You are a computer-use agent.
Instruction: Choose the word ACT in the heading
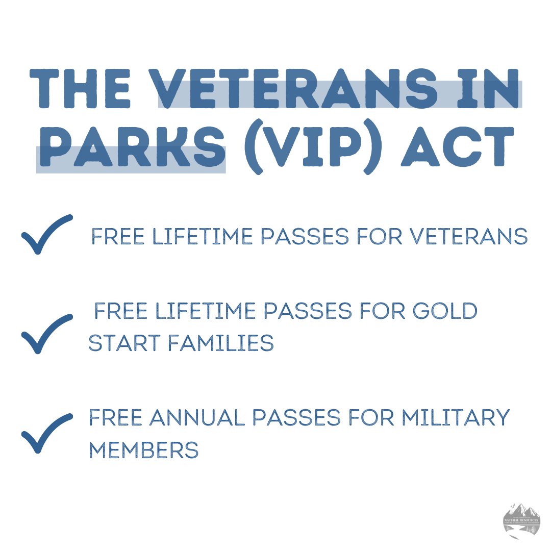click(x=454, y=148)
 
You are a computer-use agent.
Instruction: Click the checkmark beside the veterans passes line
click(x=46, y=234)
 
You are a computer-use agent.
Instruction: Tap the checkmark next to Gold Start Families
click(x=46, y=334)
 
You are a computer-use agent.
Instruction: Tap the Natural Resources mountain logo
click(x=521, y=520)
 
